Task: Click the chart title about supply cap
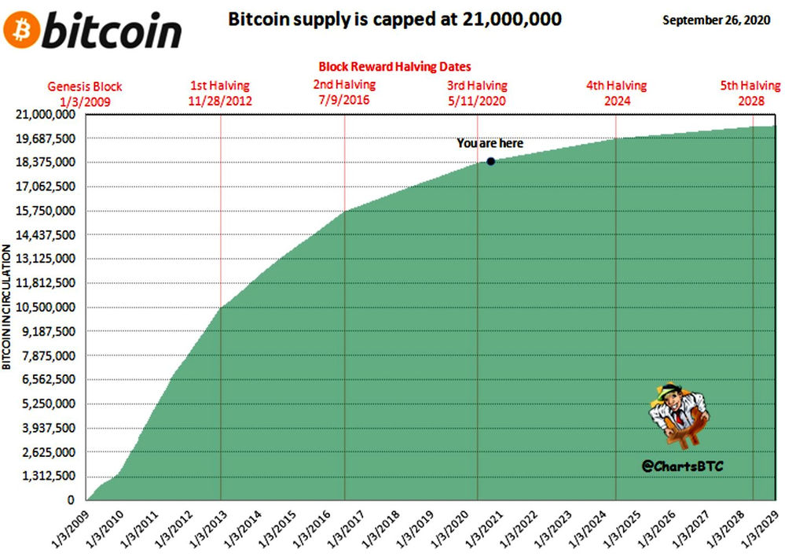[x=394, y=19]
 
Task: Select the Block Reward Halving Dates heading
[x=394, y=68]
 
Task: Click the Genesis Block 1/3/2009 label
[x=85, y=94]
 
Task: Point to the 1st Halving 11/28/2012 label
[x=219, y=93]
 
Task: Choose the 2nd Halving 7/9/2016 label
[x=344, y=92]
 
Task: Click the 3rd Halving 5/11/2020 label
[x=477, y=93]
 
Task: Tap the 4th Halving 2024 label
[x=616, y=93]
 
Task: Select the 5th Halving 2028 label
[x=750, y=93]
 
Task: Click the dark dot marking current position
[x=490, y=161]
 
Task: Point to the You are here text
[x=490, y=144]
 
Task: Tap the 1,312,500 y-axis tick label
[x=48, y=476]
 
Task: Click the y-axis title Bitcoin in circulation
[x=6, y=307]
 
